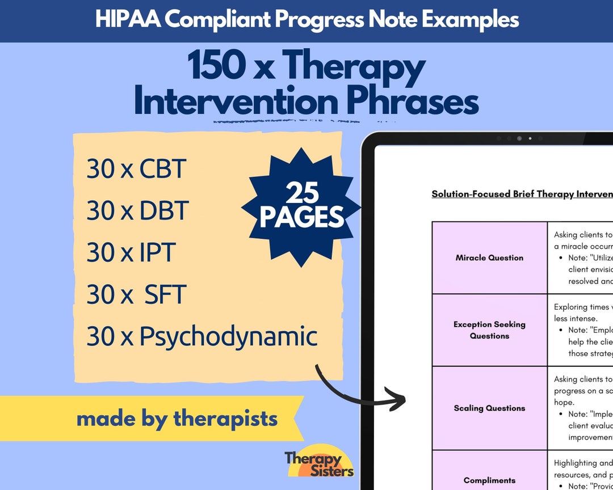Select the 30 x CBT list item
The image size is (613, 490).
pos(136,168)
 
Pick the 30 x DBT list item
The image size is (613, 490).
pos(137,210)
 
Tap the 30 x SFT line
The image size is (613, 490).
pos(136,294)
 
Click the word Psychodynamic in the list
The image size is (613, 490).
pos(228,337)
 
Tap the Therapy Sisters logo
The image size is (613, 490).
pos(319,463)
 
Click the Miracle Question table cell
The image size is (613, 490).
pos(489,257)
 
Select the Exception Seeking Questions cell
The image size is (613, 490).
pos(489,330)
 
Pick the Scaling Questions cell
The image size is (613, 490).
pos(489,408)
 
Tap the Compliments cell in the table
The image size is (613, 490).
pos(489,480)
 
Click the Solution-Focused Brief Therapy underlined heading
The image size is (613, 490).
pos(521,194)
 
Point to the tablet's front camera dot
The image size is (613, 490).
pos(519,138)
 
